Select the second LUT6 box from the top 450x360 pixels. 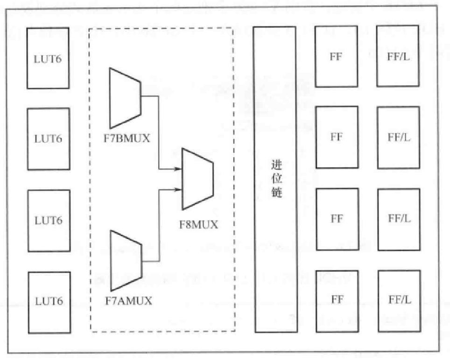click(x=48, y=139)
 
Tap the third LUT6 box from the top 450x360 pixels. click(x=48, y=220)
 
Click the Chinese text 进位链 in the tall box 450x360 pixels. click(x=276, y=179)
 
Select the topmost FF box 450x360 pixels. click(x=336, y=57)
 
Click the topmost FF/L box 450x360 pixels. click(x=398, y=57)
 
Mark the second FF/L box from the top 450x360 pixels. click(x=398, y=137)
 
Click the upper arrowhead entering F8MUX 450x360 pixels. click(x=179, y=169)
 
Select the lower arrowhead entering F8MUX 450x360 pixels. click(x=179, y=189)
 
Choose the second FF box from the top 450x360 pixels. click(x=336, y=137)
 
